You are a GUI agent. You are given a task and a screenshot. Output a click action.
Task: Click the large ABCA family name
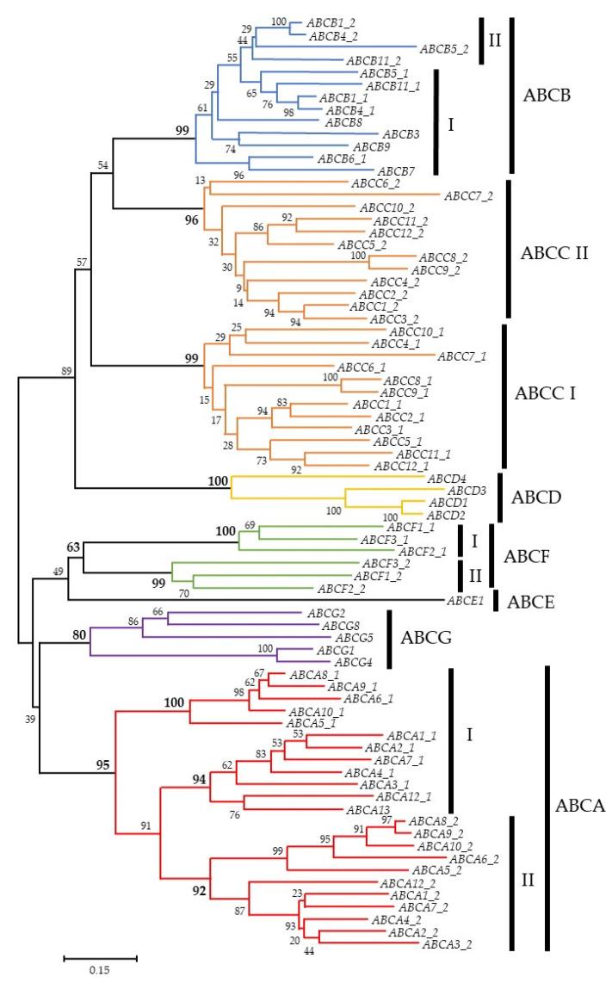[581, 807]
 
